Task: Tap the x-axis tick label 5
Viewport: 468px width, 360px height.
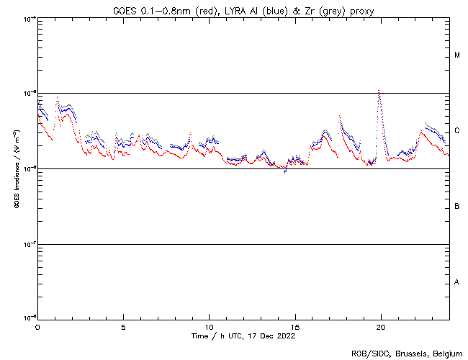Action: click(x=123, y=326)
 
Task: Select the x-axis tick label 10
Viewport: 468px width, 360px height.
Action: click(x=209, y=326)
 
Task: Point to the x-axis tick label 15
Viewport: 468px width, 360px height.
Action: click(x=294, y=326)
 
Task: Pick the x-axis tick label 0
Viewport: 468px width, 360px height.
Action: click(x=37, y=326)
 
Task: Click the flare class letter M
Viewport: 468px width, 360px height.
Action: click(x=457, y=55)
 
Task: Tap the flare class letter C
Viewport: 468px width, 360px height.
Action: click(x=457, y=131)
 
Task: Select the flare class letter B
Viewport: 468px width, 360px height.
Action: click(x=457, y=207)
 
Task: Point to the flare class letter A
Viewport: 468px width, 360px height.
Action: click(x=457, y=282)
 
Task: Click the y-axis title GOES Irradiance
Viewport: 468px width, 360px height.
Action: click(x=16, y=169)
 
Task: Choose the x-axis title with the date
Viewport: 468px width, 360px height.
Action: click(x=243, y=336)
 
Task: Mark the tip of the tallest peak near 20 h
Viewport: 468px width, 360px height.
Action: click(x=379, y=90)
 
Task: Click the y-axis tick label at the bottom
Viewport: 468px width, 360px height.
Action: click(x=30, y=318)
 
